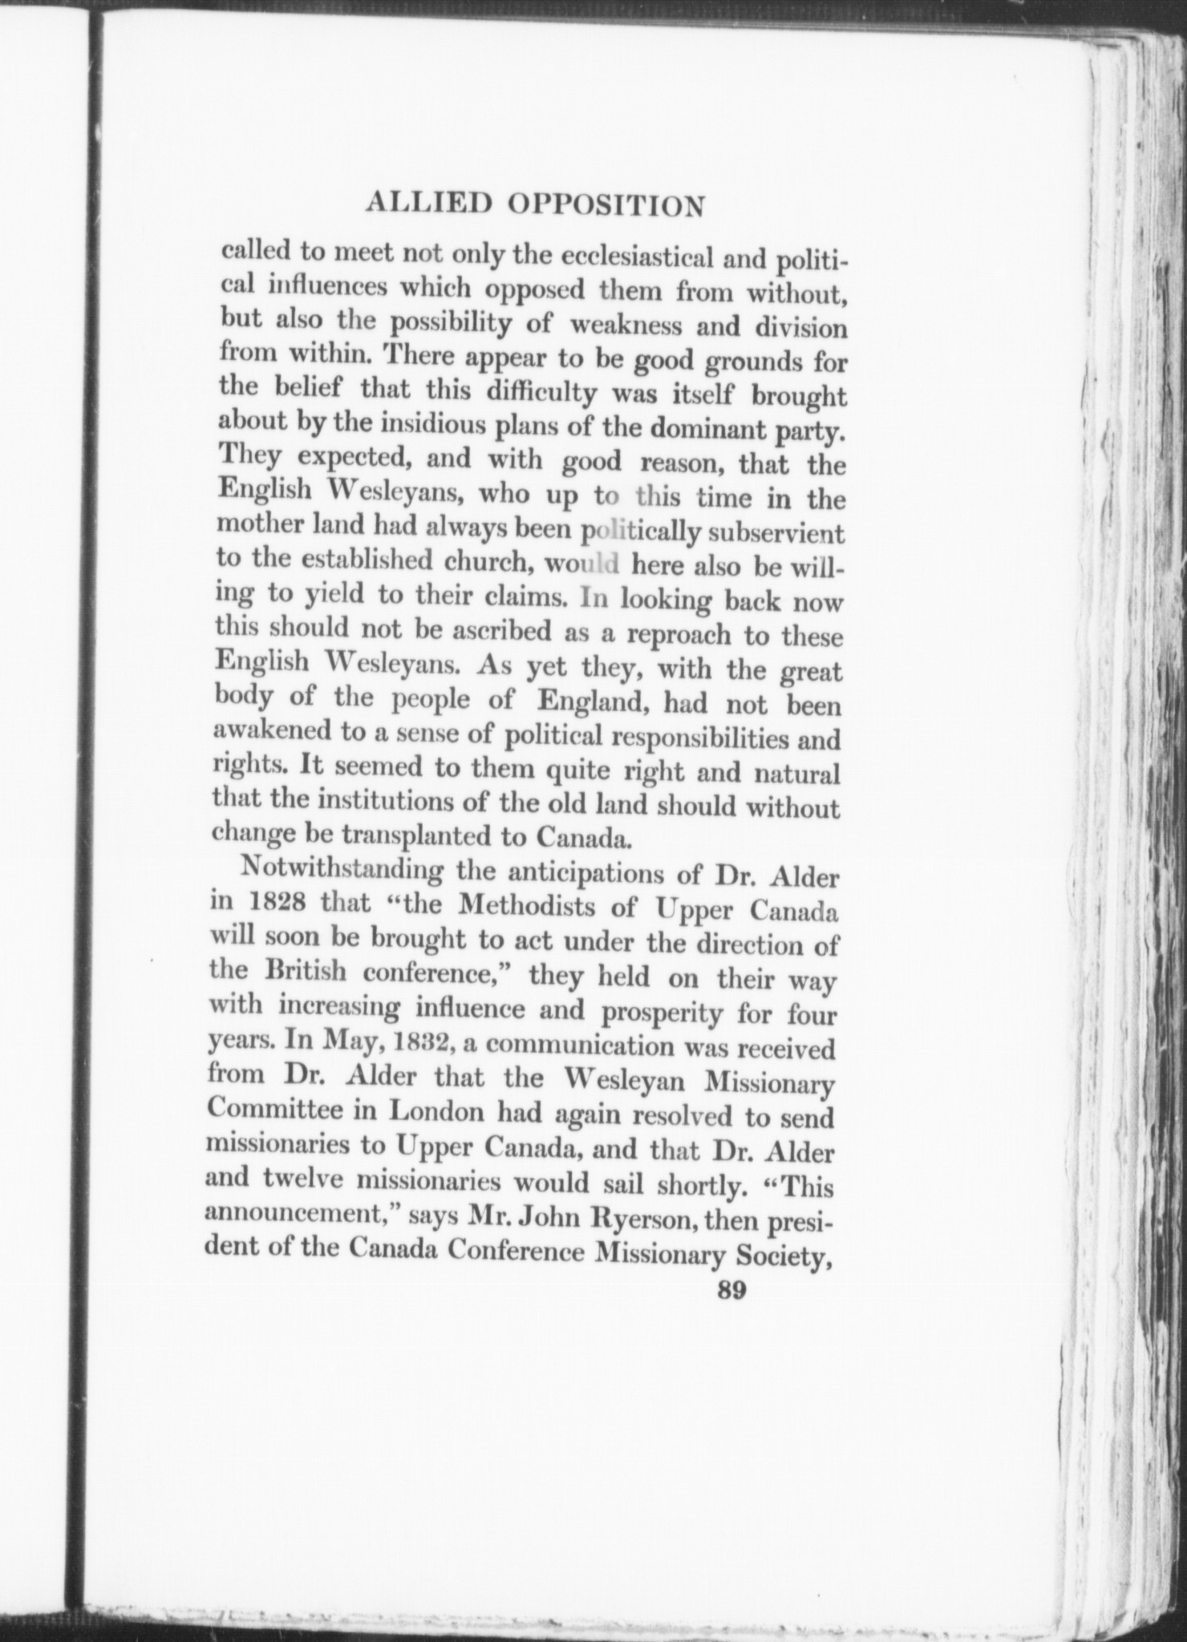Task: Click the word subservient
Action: tap(772, 532)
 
